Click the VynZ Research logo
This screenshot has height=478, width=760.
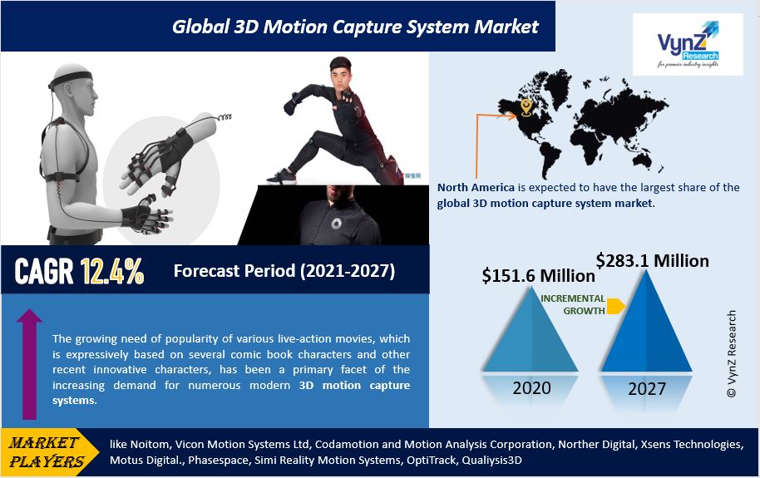688,44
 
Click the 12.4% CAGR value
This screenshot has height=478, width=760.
112,271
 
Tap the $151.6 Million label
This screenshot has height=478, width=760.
539,276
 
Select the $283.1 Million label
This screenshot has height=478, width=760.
653,261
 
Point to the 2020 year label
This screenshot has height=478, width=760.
531,388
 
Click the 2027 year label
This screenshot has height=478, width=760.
647,389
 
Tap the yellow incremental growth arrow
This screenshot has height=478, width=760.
615,306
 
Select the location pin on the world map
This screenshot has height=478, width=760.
526,107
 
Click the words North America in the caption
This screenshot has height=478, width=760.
476,188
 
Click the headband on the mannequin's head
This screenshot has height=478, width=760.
72,77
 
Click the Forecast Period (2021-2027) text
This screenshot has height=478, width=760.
284,270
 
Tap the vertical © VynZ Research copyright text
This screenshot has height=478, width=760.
732,354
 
